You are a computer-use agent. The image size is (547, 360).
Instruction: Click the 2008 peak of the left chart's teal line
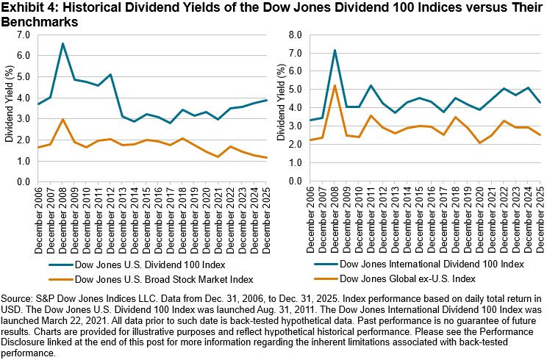point(62,43)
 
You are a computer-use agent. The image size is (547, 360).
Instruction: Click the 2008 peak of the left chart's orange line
point(62,120)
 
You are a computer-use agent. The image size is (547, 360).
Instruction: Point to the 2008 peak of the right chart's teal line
point(335,51)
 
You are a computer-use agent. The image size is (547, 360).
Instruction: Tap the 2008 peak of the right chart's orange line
point(335,86)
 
